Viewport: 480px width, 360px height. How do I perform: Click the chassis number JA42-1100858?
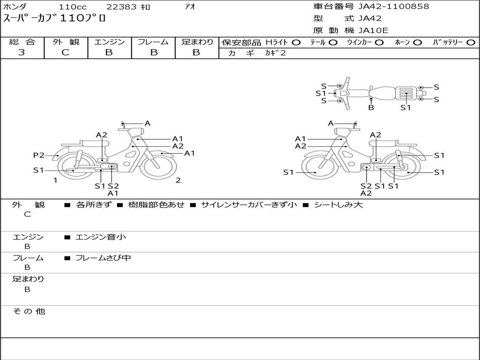(x=394, y=7)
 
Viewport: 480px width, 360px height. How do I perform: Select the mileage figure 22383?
(x=121, y=7)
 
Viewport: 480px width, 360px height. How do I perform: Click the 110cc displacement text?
(x=73, y=7)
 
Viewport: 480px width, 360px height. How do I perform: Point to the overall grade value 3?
(x=22, y=52)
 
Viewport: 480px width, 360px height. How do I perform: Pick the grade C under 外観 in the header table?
(x=65, y=52)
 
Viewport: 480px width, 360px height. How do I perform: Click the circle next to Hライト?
(x=296, y=43)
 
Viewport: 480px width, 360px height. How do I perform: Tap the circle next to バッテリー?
(x=471, y=43)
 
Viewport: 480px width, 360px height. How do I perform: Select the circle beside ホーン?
(x=417, y=43)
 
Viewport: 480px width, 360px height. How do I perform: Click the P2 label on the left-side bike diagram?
(x=39, y=155)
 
